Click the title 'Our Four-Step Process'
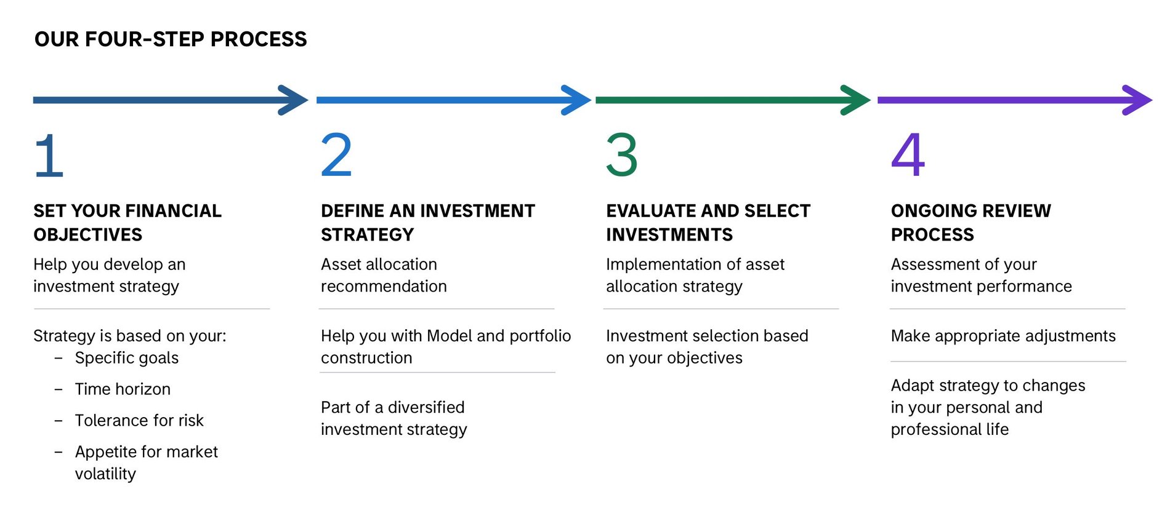point(171,39)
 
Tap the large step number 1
point(49,156)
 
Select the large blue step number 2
point(336,155)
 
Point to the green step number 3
point(622,155)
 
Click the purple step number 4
point(908,155)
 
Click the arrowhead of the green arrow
point(856,100)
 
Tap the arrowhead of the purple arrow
point(1137,100)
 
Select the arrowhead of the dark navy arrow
point(293,100)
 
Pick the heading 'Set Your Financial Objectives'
point(127,223)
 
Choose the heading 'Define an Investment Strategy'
point(428,223)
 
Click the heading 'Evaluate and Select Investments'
point(708,223)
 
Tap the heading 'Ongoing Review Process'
point(971,223)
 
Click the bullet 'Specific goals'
point(127,358)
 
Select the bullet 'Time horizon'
point(123,389)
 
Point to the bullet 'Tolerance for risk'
point(139,421)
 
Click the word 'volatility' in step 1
point(105,474)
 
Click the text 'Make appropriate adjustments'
point(1003,336)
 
